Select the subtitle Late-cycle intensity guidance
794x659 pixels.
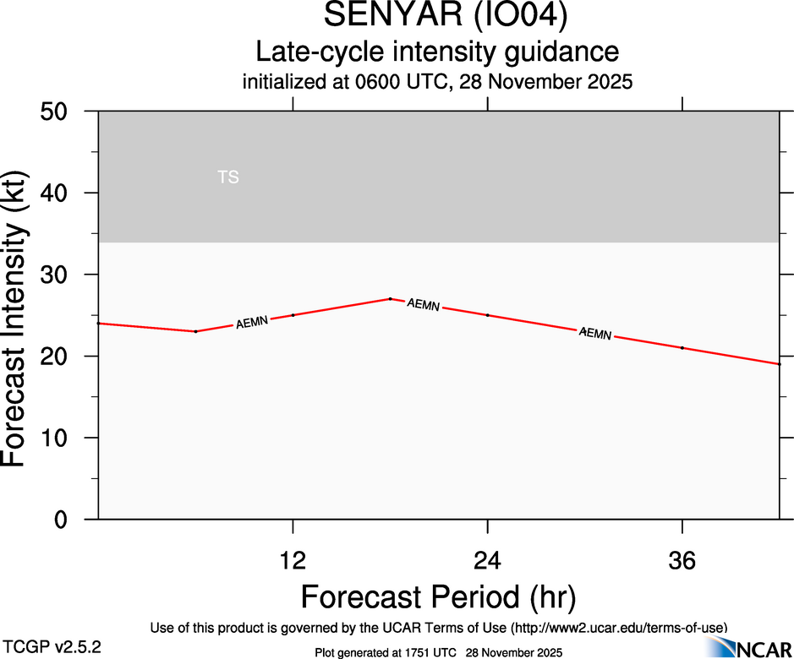click(437, 52)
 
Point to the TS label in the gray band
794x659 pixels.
click(228, 177)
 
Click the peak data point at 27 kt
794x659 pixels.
click(390, 298)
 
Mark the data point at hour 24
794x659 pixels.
click(488, 315)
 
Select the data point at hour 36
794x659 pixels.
click(682, 348)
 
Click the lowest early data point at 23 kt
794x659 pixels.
click(195, 331)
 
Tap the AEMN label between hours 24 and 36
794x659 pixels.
click(595, 334)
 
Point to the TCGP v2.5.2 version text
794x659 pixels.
click(52, 647)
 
